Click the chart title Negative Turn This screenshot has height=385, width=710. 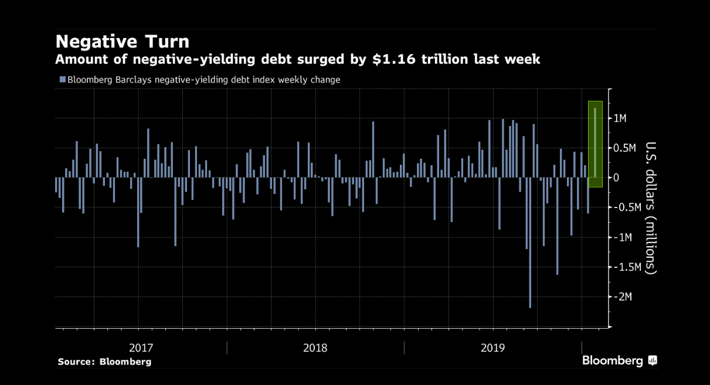click(122, 42)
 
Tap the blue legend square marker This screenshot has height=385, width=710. click(62, 80)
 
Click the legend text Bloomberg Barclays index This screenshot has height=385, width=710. click(199, 80)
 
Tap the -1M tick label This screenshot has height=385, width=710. click(621, 237)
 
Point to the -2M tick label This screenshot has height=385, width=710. click(621, 297)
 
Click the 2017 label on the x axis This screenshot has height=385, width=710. click(141, 347)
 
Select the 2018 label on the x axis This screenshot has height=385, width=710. click(315, 347)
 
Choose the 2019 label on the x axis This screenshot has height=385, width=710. click(493, 347)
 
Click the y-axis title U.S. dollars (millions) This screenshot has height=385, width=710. click(650, 208)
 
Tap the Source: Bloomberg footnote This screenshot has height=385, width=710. click(104, 362)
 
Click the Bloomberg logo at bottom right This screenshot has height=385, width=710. click(619, 361)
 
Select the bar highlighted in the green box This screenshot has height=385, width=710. click(595, 142)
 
